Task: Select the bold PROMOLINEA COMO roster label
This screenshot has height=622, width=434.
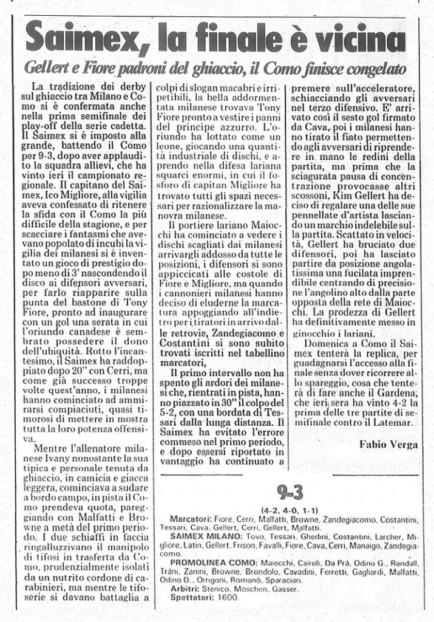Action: click(204, 564)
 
